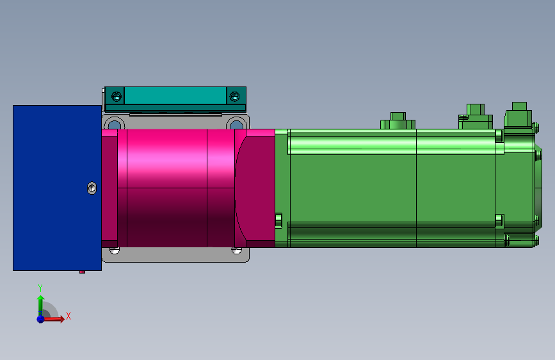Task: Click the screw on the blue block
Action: click(92, 188)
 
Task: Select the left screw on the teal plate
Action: click(116, 96)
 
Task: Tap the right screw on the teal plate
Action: click(234, 96)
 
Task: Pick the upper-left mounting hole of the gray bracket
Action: click(113, 124)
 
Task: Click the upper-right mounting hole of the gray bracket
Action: click(236, 124)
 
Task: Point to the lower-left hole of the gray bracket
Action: click(114, 250)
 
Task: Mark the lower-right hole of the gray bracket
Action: click(236, 250)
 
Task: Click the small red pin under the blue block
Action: click(82, 272)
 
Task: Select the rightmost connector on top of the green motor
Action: click(519, 115)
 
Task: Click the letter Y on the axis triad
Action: click(40, 288)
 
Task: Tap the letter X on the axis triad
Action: click(68, 316)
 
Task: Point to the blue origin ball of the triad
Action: click(40, 318)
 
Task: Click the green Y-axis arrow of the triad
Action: click(40, 302)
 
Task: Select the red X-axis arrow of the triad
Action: click(56, 318)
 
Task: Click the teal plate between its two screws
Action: click(175, 96)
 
